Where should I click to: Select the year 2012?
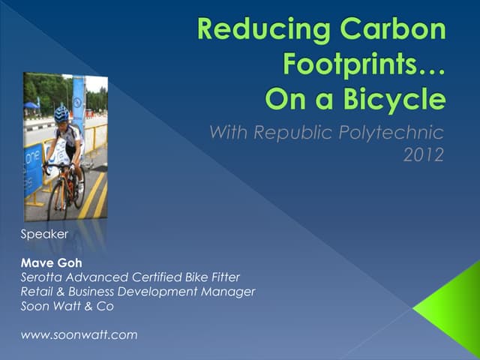(424, 156)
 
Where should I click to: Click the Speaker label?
(44, 234)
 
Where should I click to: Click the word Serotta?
(44, 277)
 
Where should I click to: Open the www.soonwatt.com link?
(79, 334)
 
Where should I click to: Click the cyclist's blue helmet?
(61, 114)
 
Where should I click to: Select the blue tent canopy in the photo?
(31, 106)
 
